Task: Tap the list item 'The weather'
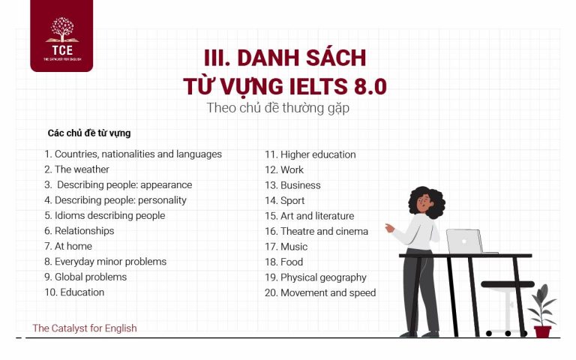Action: (76, 169)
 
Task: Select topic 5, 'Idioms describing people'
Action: (104, 215)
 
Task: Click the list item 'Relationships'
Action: (79, 231)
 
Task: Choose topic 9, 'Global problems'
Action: (85, 277)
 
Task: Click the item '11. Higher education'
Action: (310, 154)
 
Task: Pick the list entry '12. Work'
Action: (283, 169)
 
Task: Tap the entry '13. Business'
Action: (292, 185)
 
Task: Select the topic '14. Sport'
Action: (284, 200)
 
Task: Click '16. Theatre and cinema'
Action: (316, 231)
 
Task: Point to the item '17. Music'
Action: (286, 246)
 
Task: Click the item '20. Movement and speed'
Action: (319, 292)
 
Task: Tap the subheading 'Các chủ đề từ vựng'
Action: (89, 133)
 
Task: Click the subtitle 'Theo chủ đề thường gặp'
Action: (278, 108)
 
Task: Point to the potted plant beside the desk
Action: (541, 311)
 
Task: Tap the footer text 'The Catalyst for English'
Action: (85, 328)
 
